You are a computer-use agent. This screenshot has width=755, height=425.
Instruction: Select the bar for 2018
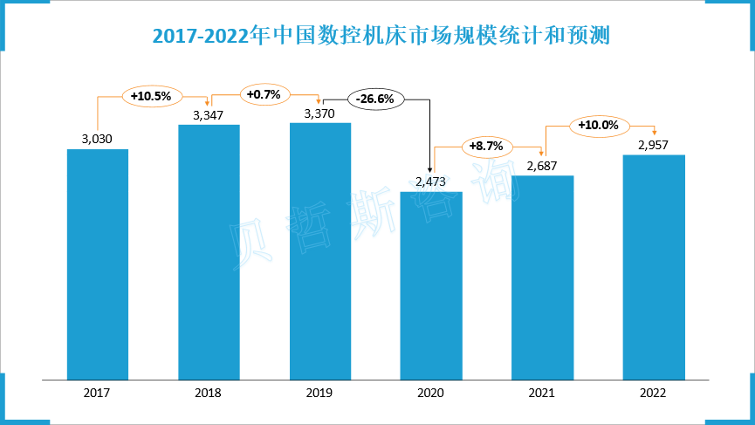click(x=209, y=252)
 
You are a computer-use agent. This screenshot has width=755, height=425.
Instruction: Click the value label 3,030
click(x=97, y=139)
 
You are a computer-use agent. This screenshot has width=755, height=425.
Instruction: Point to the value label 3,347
click(x=209, y=114)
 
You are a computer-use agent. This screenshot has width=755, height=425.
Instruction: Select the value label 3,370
click(x=319, y=113)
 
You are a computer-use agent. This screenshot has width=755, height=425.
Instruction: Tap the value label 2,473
click(x=431, y=182)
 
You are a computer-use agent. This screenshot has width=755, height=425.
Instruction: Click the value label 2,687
click(x=542, y=166)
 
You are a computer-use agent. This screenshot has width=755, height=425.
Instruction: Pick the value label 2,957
click(x=653, y=145)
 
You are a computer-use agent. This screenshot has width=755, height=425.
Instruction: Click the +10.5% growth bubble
click(x=152, y=96)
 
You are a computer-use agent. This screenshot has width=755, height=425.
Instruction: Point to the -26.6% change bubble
click(x=376, y=99)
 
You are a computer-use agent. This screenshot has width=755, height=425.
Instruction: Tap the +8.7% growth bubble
click(x=486, y=147)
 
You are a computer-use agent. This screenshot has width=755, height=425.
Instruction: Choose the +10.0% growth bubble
click(x=598, y=126)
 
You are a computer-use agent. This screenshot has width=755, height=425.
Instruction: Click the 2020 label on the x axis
click(x=431, y=393)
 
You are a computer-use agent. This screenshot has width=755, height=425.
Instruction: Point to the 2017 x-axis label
click(x=98, y=393)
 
